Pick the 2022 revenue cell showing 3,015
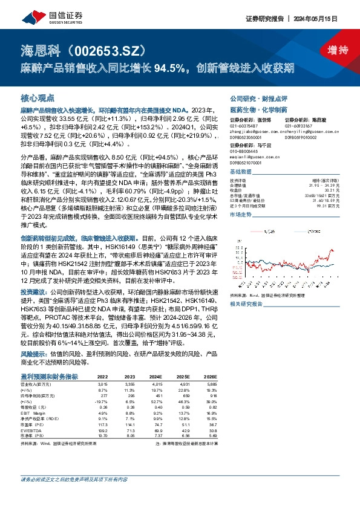(102, 383)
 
